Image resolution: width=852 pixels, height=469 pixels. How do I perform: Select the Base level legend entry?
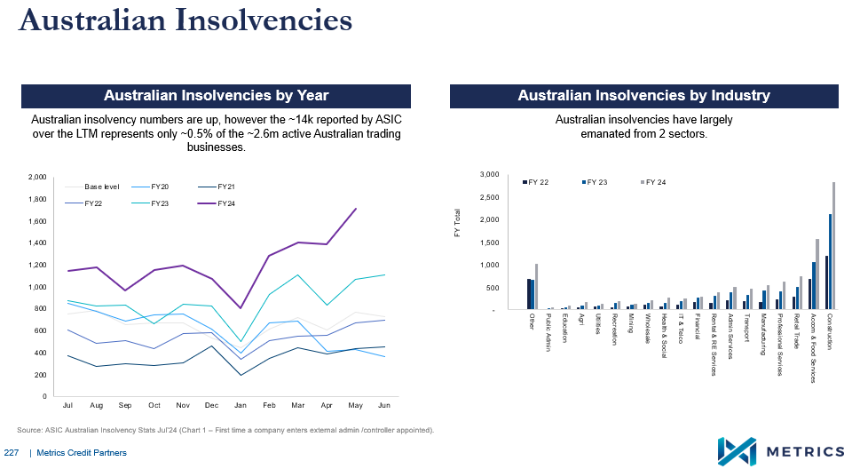pyautogui.click(x=100, y=187)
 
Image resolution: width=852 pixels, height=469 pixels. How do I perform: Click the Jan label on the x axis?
pyautogui.click(x=240, y=405)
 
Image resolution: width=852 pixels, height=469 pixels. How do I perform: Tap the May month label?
pyautogui.click(x=355, y=405)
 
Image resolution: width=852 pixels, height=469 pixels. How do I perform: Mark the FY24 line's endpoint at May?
pyautogui.click(x=356, y=209)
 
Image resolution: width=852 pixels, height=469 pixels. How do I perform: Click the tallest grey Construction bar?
pyautogui.click(x=833, y=245)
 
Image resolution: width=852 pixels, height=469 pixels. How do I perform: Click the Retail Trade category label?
pyautogui.click(x=797, y=334)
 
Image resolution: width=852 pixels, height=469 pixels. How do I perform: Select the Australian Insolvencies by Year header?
pyautogui.click(x=216, y=96)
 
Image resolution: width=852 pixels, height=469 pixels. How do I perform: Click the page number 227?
pyautogui.click(x=12, y=453)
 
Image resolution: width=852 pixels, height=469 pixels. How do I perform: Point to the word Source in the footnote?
pyautogui.click(x=31, y=430)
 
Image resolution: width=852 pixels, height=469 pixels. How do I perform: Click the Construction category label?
pyautogui.click(x=830, y=331)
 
